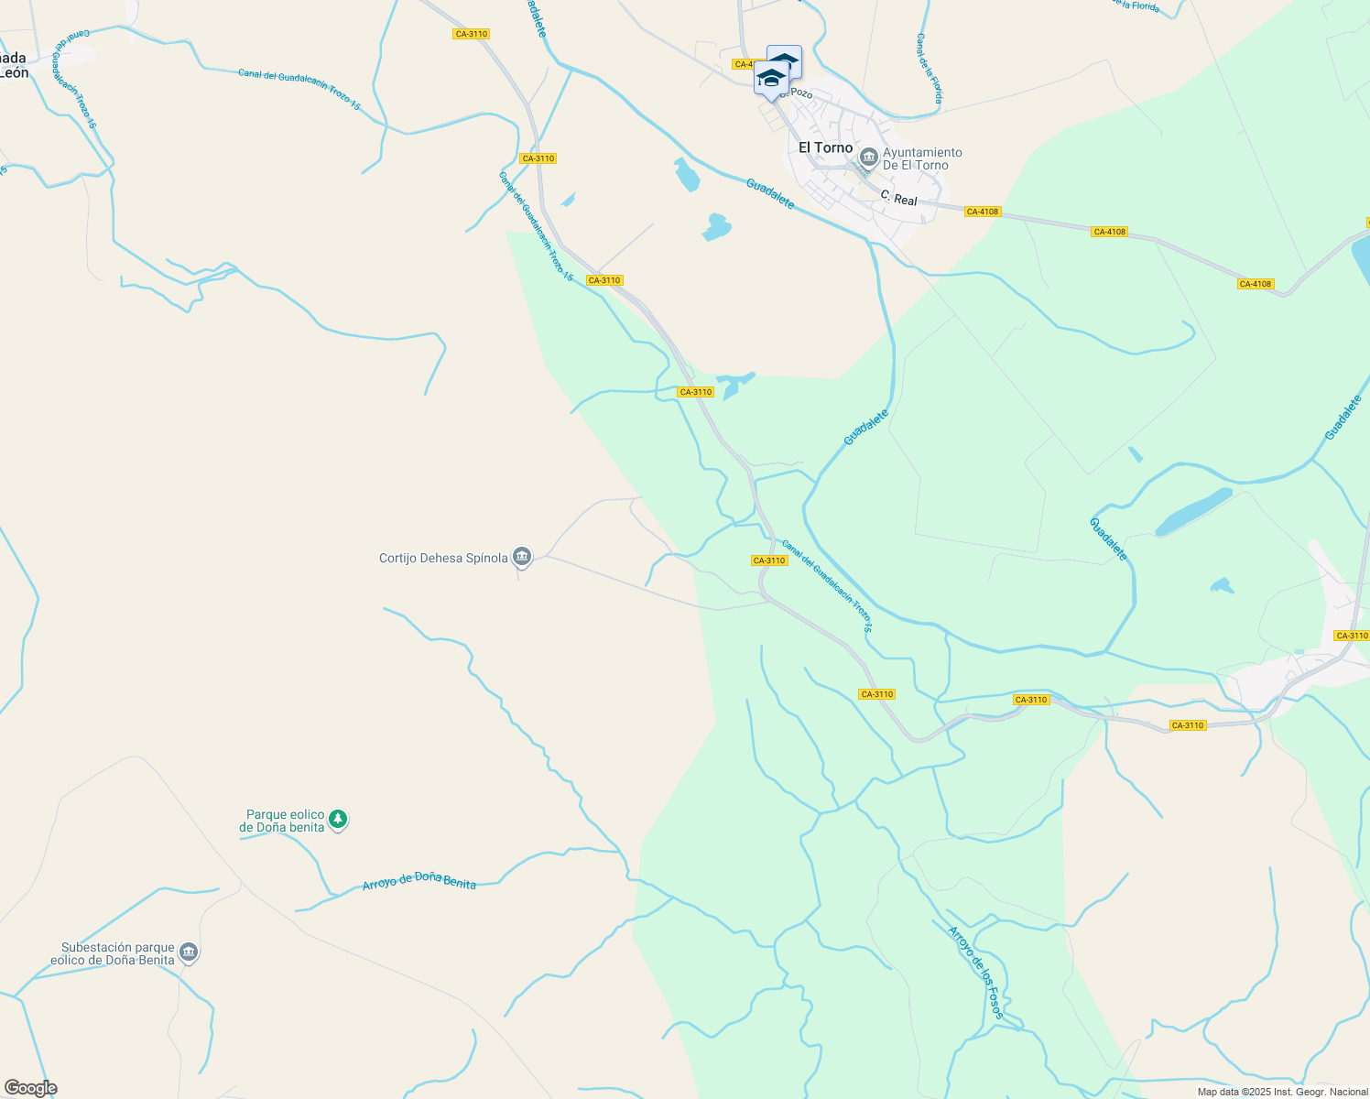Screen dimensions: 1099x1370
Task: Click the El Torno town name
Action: (x=825, y=147)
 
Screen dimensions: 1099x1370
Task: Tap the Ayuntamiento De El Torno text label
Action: (x=922, y=158)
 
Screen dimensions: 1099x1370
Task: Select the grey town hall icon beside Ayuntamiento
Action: (x=868, y=158)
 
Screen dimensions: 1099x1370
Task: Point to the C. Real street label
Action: (x=898, y=198)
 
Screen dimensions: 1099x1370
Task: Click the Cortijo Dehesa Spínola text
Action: (x=443, y=558)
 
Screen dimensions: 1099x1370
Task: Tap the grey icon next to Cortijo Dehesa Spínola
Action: (x=522, y=556)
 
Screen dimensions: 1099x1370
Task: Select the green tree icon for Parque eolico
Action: (x=338, y=819)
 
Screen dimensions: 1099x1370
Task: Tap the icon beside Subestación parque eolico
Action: (x=189, y=952)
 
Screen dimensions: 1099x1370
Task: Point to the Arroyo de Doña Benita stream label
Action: (x=419, y=881)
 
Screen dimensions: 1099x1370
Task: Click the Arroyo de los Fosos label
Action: (x=976, y=973)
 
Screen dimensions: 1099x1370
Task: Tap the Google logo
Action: (x=30, y=1088)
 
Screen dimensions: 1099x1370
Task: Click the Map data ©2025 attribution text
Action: (x=1282, y=1092)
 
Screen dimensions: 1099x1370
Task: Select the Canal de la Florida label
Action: (x=930, y=68)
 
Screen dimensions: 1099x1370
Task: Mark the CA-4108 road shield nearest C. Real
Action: (x=982, y=212)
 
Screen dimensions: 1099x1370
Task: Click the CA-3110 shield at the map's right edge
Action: (x=1351, y=636)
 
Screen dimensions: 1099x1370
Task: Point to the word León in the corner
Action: (x=15, y=73)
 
